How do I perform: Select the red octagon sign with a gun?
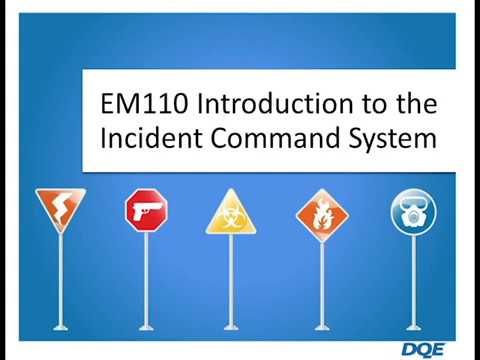(146, 210)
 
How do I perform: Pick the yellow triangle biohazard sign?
(231, 212)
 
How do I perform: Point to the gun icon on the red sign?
(146, 210)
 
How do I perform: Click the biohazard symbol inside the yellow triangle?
(231, 217)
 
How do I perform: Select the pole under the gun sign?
(146, 280)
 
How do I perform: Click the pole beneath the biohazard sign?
(231, 280)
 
